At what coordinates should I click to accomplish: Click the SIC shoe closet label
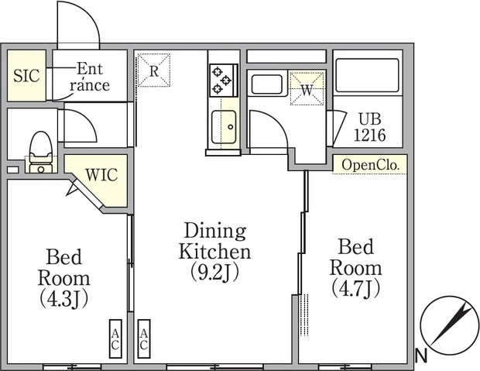(26, 75)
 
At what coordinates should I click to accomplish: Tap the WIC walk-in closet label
(101, 174)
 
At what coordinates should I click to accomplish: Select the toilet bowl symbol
(41, 152)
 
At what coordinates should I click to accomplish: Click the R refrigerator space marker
(153, 70)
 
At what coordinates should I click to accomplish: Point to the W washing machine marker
(307, 89)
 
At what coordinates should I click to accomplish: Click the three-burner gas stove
(224, 81)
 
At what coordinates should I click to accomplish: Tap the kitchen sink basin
(224, 126)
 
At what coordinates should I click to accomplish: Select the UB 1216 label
(370, 127)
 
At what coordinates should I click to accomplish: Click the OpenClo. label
(371, 165)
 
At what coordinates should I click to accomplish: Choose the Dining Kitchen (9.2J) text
(215, 252)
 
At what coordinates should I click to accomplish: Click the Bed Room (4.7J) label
(355, 268)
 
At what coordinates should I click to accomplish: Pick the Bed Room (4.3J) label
(64, 278)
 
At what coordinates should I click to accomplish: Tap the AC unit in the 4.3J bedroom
(115, 338)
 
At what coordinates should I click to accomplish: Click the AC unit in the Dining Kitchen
(144, 338)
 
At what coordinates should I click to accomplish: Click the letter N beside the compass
(421, 356)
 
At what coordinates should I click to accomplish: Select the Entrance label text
(90, 77)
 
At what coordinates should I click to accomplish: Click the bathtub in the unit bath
(367, 75)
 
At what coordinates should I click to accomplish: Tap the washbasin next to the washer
(266, 84)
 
